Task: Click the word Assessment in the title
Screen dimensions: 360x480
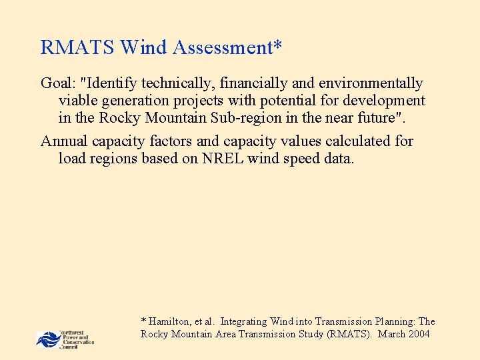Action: click(227, 48)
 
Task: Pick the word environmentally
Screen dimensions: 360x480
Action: click(371, 83)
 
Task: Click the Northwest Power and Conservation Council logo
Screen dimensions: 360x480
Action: click(65, 339)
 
